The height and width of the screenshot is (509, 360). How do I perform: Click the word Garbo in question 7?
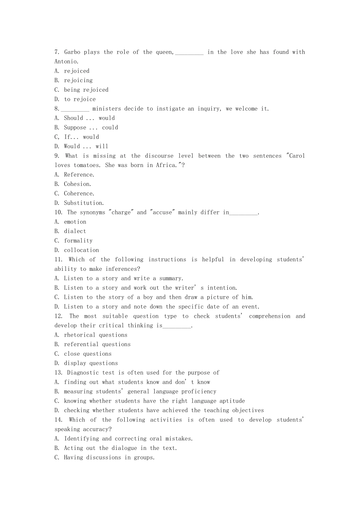(72, 52)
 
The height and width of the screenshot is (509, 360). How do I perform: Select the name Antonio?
(66, 61)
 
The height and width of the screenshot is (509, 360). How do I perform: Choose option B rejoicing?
(78, 80)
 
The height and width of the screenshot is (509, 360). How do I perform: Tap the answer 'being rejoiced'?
(86, 90)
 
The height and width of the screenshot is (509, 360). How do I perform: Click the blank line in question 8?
(75, 109)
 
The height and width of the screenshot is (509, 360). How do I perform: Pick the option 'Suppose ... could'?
(91, 128)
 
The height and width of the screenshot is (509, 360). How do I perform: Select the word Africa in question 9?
(166, 165)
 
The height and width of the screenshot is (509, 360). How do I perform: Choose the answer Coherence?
(79, 194)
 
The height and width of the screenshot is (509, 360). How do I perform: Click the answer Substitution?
(84, 203)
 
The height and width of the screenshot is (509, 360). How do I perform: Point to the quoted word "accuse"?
(162, 212)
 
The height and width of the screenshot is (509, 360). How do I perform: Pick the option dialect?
(75, 231)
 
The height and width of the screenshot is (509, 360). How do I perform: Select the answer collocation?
(81, 250)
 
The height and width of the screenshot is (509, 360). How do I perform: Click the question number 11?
(58, 259)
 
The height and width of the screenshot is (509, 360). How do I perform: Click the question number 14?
(58, 420)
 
